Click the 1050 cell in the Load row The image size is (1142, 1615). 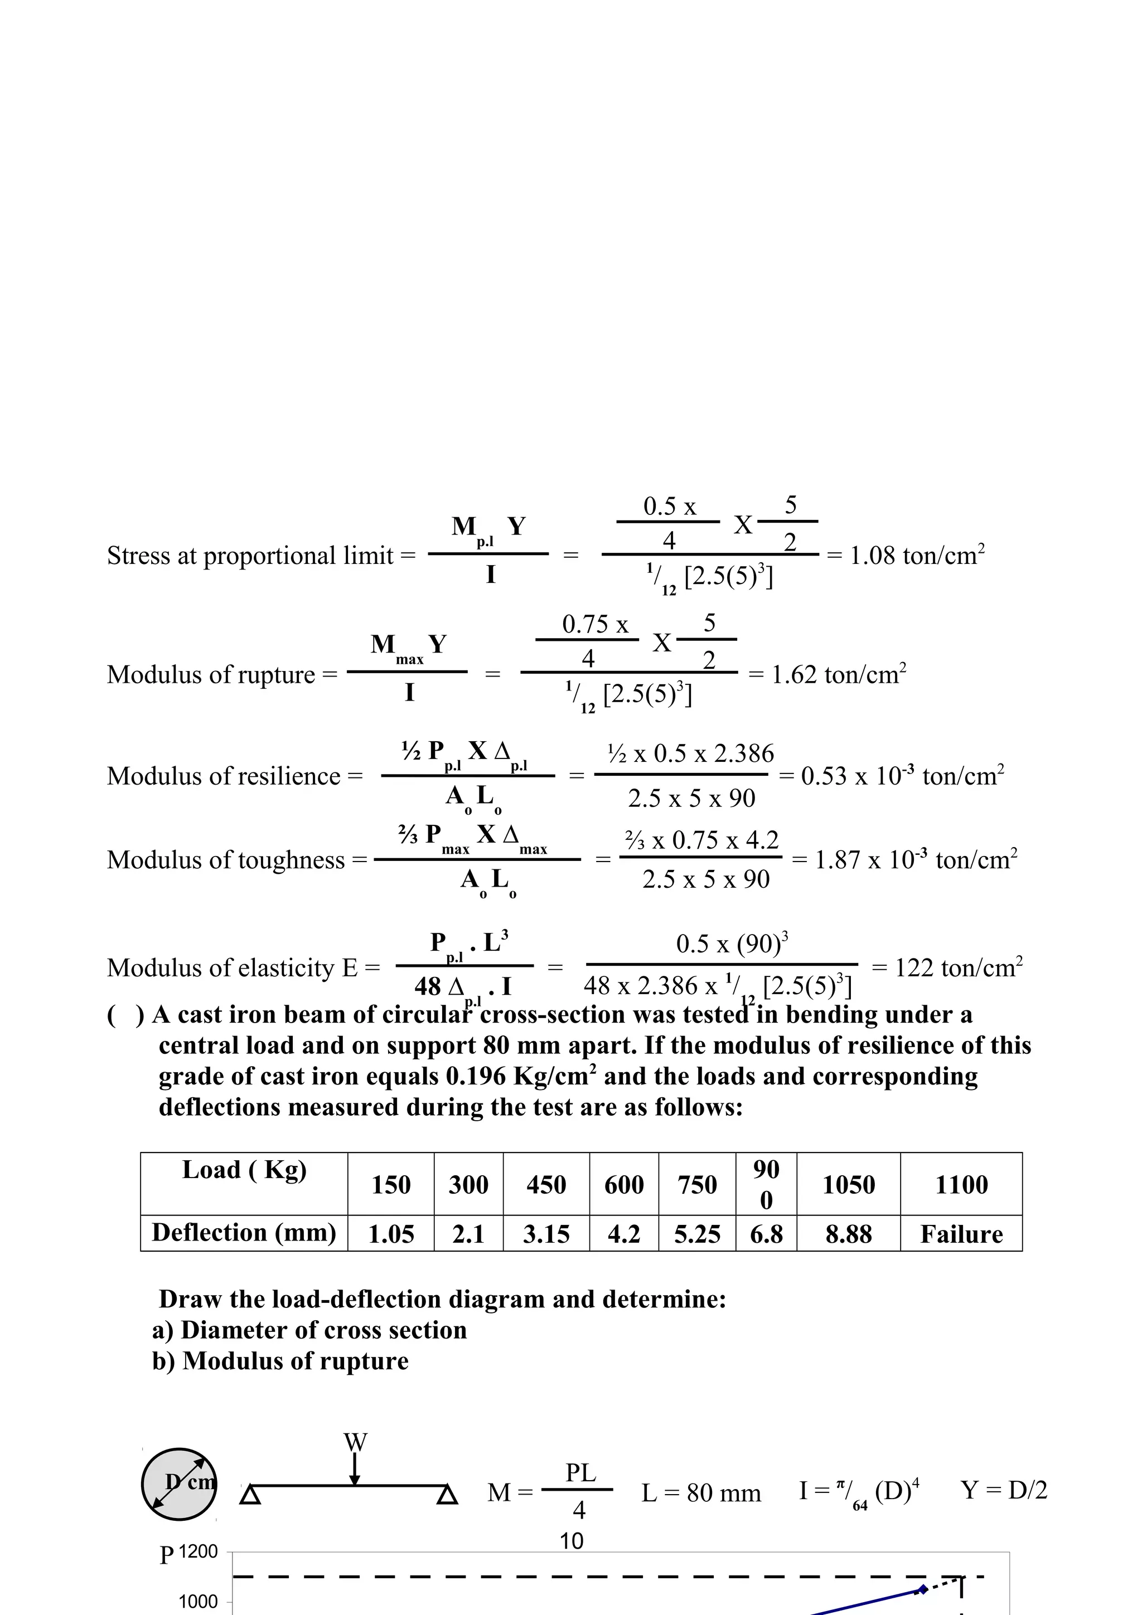click(x=849, y=1185)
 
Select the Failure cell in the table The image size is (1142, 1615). click(x=961, y=1234)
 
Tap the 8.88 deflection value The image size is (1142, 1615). click(x=849, y=1234)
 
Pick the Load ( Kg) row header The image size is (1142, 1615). click(x=244, y=1170)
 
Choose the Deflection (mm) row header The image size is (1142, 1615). click(x=244, y=1232)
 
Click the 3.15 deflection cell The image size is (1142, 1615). click(x=546, y=1234)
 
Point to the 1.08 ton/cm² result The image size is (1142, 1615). click(x=916, y=556)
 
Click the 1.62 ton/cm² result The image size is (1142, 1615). click(x=838, y=674)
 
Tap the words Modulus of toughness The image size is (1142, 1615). click(x=226, y=859)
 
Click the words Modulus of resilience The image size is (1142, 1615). click(x=224, y=776)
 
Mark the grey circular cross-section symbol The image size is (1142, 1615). click(x=179, y=1484)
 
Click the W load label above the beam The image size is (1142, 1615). click(x=355, y=1442)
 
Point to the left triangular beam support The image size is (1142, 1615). click(x=250, y=1495)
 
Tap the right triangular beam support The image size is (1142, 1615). click(x=447, y=1495)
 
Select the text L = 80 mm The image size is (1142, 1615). click(x=701, y=1492)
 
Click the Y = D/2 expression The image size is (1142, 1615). click(x=1003, y=1490)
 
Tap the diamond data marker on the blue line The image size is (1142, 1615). click(x=923, y=1590)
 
